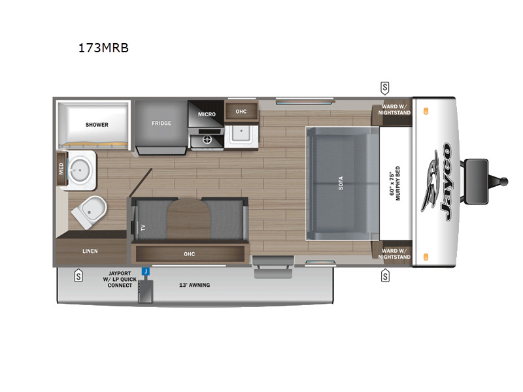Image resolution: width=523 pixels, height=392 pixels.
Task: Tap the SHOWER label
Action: [x=96, y=124]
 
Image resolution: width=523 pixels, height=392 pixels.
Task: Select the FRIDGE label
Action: [x=161, y=123]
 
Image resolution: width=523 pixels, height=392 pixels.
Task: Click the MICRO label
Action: [x=207, y=114]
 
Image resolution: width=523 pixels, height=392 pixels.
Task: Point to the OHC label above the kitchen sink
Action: [x=241, y=112]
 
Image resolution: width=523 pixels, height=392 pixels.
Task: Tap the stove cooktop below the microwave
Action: [x=207, y=139]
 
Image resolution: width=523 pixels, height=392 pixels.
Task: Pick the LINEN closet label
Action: [x=90, y=251]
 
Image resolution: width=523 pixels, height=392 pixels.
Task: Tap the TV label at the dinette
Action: [x=141, y=228]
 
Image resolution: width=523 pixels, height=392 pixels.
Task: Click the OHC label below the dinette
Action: [x=190, y=253]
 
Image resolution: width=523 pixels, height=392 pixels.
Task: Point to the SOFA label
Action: [x=341, y=183]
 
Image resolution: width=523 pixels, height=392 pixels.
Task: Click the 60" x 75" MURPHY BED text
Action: [x=396, y=184]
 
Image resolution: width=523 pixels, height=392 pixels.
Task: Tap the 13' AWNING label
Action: [x=195, y=285]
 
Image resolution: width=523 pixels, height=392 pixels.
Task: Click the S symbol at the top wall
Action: [x=385, y=87]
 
